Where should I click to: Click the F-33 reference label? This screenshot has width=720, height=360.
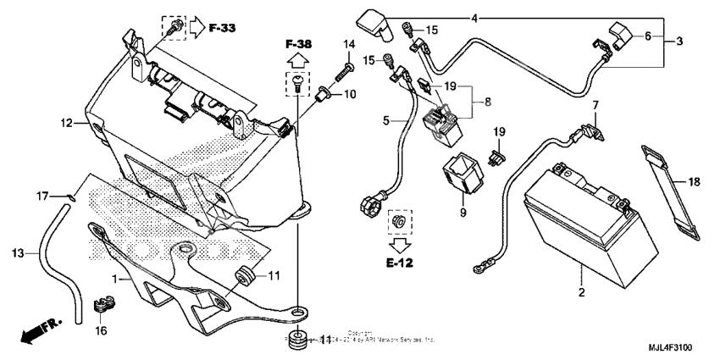tap(222, 28)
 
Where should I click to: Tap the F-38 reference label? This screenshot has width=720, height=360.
tap(298, 42)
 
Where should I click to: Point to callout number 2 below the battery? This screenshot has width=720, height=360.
tap(581, 293)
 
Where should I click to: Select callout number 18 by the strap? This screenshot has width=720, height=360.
tap(693, 181)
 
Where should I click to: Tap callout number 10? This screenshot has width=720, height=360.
tap(350, 93)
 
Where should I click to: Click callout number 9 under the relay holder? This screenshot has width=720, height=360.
tap(462, 213)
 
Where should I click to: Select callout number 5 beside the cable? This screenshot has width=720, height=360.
tap(385, 121)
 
